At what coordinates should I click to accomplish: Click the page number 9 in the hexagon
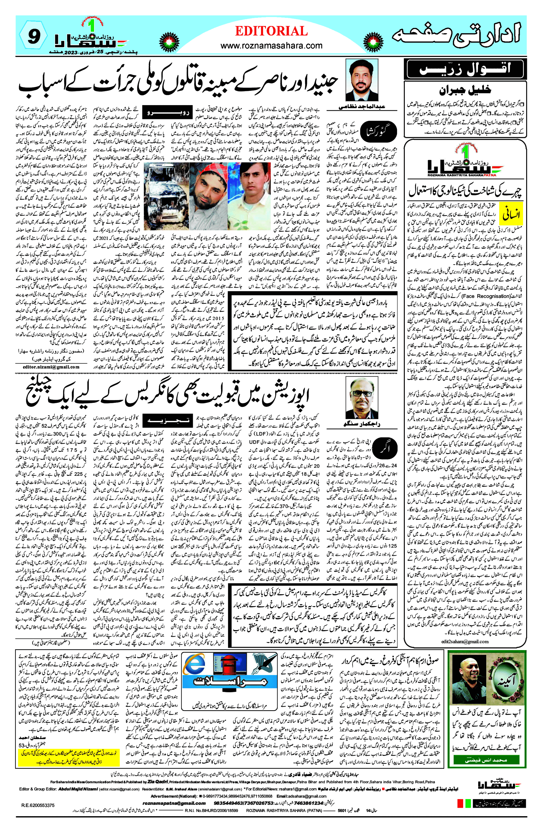point(33,37)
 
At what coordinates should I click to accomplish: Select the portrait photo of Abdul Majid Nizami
point(362,81)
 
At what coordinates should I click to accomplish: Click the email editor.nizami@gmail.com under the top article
point(51,367)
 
